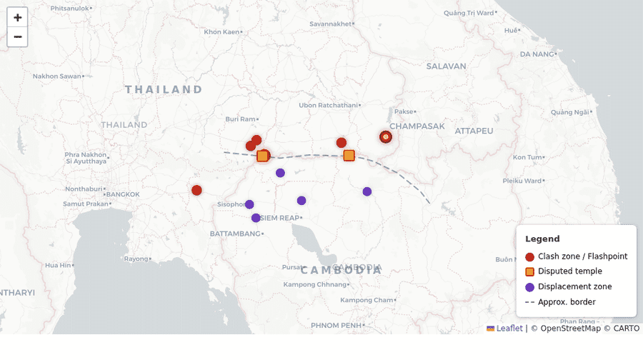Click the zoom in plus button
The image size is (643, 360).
17,17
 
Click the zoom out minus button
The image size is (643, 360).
17,36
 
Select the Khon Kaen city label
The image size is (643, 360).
221,31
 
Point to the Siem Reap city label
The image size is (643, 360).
279,217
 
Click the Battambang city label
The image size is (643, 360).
235,234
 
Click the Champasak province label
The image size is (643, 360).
417,126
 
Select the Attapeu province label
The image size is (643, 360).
474,131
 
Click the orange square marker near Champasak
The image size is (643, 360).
349,155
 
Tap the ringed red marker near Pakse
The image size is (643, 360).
386,136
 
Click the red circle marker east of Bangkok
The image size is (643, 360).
196,190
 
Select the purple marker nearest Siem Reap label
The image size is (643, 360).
256,218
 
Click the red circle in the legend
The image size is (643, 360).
529,256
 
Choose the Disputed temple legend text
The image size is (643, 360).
569,271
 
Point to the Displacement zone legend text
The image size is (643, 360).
574,286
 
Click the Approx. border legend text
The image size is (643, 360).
567,302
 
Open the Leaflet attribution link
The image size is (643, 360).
509,328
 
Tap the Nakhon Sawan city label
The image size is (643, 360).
57,76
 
